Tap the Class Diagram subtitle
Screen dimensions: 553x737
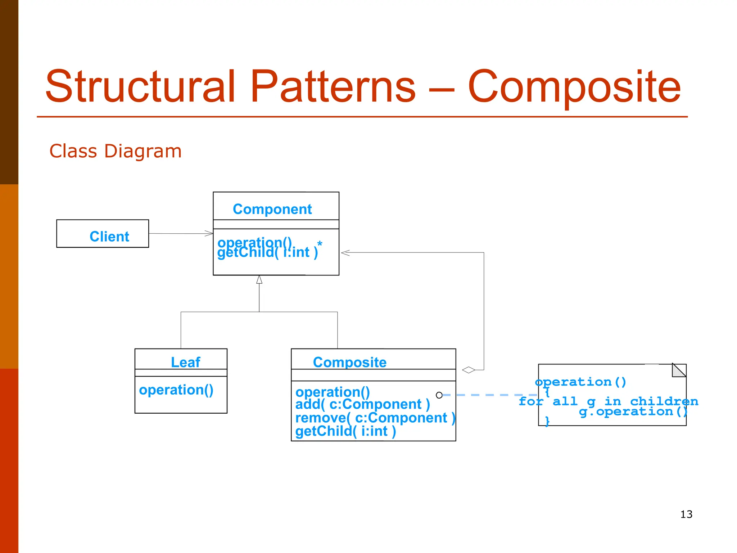[x=115, y=151]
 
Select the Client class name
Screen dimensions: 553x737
[x=109, y=237]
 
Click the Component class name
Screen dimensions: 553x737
[x=272, y=209]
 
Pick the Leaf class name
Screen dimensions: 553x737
[x=185, y=362]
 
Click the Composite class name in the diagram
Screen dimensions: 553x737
[x=349, y=362]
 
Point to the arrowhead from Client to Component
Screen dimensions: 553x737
[x=209, y=234]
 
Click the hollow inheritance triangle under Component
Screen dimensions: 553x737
[x=259, y=280]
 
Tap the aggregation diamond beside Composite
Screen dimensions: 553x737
[x=469, y=370]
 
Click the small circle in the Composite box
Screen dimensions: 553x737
[x=439, y=395]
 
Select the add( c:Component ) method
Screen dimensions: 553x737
[x=362, y=404]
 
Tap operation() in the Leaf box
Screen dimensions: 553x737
[x=176, y=390]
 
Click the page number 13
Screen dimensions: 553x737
[x=686, y=514]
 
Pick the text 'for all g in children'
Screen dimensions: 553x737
[x=608, y=401]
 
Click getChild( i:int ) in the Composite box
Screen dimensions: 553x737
[x=345, y=431]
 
